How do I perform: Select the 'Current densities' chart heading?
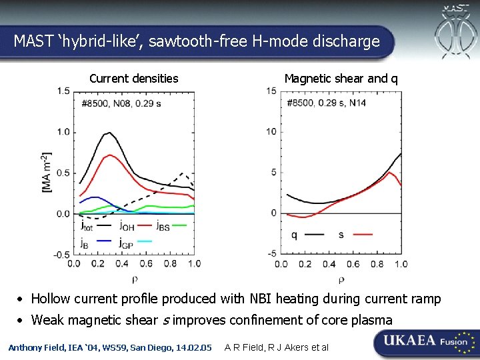coord(134,79)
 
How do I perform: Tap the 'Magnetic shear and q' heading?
coord(341,79)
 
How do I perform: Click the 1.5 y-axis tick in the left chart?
coord(63,91)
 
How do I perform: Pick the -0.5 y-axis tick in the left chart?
coord(61,255)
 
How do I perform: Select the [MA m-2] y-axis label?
coord(47,173)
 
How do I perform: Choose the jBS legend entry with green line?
coord(171,226)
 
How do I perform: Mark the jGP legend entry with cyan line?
coord(137,243)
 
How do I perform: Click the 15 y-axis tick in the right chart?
coord(271,91)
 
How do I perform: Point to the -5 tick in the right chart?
coord(272,254)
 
